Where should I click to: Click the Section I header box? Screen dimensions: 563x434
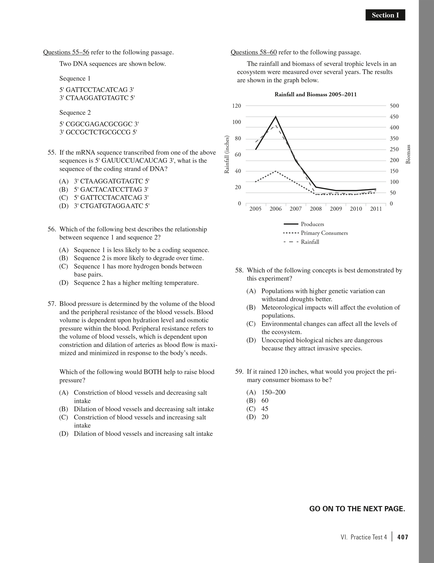pos(385,15)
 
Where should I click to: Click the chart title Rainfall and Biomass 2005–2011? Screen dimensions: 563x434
pos(315,94)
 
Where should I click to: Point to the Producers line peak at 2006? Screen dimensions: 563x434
pos(276,116)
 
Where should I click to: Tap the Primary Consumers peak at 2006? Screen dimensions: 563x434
pos(276,171)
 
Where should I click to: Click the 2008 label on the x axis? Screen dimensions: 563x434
pos(316,209)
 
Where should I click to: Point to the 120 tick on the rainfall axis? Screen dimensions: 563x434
pos(237,106)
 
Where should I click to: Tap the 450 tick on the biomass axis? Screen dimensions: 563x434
pos(394,117)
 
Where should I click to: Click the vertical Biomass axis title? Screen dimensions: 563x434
pos(408,154)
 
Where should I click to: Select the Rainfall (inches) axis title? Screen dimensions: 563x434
pos(227,154)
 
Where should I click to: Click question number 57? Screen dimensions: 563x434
pos(52,304)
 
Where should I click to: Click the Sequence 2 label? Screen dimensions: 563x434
pos(75,113)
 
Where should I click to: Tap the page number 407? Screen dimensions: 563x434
pos(403,537)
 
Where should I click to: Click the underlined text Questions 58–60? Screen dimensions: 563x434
pos(254,52)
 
